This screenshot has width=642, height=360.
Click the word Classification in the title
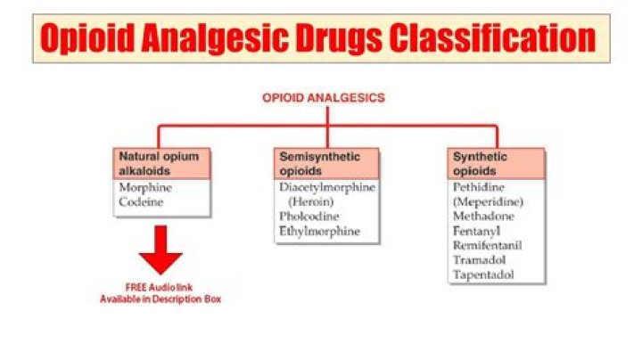pyautogui.click(x=492, y=38)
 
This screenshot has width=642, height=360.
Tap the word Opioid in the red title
pyautogui.click(x=87, y=38)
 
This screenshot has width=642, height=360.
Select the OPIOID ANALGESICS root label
pyautogui.click(x=324, y=98)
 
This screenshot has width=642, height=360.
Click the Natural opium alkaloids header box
pyautogui.click(x=161, y=164)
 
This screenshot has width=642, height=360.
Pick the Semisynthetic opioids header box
pyautogui.click(x=326, y=164)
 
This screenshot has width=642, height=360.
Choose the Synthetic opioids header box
pyautogui.click(x=497, y=164)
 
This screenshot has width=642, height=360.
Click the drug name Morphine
pyautogui.click(x=145, y=188)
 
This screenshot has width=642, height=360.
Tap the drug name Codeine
pyautogui.click(x=141, y=202)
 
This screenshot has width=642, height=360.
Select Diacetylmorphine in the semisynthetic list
pyautogui.click(x=327, y=187)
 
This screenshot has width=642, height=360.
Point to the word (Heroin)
pyautogui.click(x=311, y=202)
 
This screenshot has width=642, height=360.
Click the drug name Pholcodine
pyautogui.click(x=309, y=217)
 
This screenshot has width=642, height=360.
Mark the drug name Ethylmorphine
pyautogui.click(x=319, y=232)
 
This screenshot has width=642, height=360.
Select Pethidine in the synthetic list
pyautogui.click(x=479, y=187)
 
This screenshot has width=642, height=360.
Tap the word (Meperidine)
pyautogui.click(x=488, y=202)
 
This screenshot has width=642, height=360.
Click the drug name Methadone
pyautogui.click(x=483, y=217)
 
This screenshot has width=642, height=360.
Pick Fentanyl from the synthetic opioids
pyautogui.click(x=476, y=232)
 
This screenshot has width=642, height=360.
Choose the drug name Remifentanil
pyautogui.click(x=487, y=246)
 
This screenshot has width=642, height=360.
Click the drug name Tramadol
pyautogui.click(x=479, y=260)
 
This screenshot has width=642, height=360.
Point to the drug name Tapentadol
pyautogui.click(x=483, y=275)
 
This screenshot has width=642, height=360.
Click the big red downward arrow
pyautogui.click(x=160, y=250)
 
